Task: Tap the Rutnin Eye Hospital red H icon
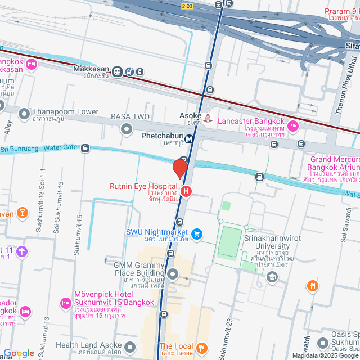[x=186, y=192]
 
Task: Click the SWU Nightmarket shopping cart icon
[x=196, y=234]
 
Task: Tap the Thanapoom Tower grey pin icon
[x=24, y=114]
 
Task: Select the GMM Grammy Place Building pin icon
[x=173, y=274]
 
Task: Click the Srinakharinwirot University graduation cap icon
[x=272, y=277]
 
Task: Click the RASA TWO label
[x=129, y=116]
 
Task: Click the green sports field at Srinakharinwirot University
[x=229, y=242]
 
